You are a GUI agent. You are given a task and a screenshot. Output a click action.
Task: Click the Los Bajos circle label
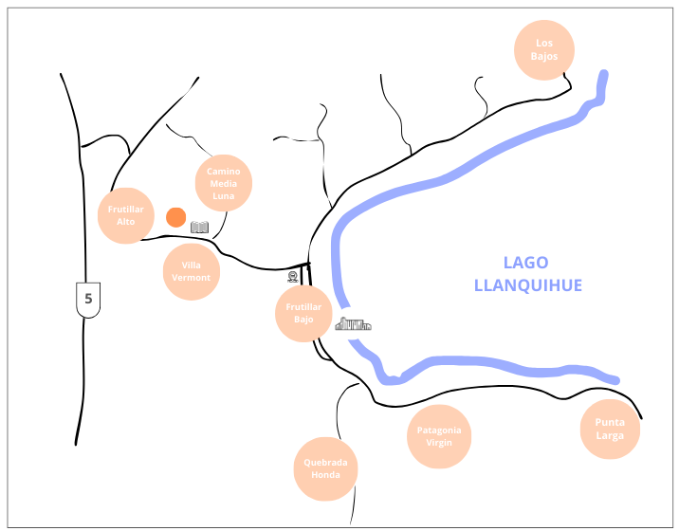[x=543, y=49]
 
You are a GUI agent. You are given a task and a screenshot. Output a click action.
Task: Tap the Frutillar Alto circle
[x=126, y=214]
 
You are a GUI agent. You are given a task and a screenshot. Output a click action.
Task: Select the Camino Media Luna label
[x=224, y=183]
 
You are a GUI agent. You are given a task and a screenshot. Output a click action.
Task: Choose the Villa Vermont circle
[x=192, y=271]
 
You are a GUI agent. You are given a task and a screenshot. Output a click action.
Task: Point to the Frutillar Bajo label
[x=303, y=313]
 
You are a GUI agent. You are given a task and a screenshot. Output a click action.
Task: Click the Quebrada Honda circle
[x=325, y=468]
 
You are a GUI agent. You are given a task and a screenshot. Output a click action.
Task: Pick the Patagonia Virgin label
[x=440, y=436]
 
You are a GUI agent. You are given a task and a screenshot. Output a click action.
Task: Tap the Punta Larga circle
[x=610, y=429]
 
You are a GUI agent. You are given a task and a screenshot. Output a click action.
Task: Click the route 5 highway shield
[x=88, y=299]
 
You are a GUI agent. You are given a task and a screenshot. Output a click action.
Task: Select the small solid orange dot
[x=175, y=217]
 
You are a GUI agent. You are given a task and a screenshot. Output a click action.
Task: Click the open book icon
[x=199, y=227]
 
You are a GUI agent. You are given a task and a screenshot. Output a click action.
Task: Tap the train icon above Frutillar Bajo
[x=292, y=277]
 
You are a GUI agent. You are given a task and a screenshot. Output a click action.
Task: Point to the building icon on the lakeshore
[x=353, y=324]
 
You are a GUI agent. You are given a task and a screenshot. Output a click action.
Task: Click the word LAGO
[x=526, y=264]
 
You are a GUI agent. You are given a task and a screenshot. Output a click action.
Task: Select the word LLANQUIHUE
[x=528, y=284]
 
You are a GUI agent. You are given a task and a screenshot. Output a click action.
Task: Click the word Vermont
[x=192, y=278]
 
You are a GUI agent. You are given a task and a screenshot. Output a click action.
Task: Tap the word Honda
[x=325, y=475]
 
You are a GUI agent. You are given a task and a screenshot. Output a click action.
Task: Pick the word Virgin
[x=440, y=443]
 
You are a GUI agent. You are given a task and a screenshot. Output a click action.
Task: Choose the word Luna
[x=224, y=195]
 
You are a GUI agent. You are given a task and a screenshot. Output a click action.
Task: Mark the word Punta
[x=610, y=422]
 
